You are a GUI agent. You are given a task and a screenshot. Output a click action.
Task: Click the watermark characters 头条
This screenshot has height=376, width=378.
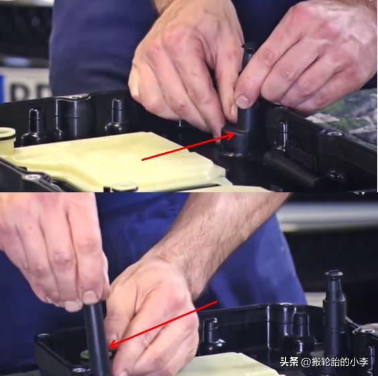pyautogui.click(x=289, y=362)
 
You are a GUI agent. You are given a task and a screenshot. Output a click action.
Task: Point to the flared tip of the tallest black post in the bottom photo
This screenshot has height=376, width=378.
pyautogui.click(x=333, y=273)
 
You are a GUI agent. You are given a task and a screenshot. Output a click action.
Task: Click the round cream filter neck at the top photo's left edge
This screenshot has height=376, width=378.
pyautogui.click(x=7, y=138)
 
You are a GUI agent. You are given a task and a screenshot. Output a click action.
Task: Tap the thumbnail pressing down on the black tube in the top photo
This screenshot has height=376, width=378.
pyautogui.click(x=243, y=101)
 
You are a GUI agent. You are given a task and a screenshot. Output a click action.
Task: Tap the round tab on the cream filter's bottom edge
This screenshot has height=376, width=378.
pyautogui.click(x=125, y=187)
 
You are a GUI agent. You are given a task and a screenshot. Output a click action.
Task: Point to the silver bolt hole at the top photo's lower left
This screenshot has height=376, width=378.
pyautogui.click(x=33, y=177)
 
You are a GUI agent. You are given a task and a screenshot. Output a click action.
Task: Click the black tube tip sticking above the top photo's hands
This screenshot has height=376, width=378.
pyautogui.click(x=248, y=54)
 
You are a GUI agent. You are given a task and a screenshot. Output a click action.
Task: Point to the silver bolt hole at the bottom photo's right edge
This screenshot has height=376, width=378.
pyautogui.click(x=368, y=330)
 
